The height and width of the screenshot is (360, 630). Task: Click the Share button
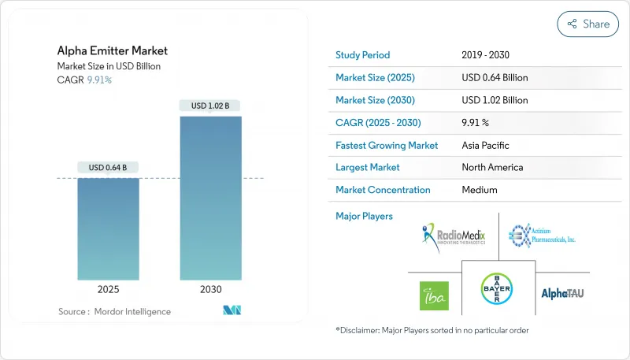click(x=587, y=24)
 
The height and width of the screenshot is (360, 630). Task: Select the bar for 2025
click(x=109, y=228)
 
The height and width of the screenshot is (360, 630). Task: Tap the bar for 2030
click(x=210, y=197)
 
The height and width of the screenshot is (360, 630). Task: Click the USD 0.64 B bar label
click(x=109, y=167)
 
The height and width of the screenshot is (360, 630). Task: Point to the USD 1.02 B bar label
click(x=210, y=106)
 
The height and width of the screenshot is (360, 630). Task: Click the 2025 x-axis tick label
click(x=109, y=289)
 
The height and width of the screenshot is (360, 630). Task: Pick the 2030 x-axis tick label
click(x=210, y=289)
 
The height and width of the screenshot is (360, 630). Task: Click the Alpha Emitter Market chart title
click(x=112, y=50)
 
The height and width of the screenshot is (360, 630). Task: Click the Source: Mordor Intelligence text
click(x=114, y=312)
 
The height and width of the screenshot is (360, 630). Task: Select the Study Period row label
click(x=362, y=55)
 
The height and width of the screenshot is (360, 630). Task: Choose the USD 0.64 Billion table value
click(x=495, y=78)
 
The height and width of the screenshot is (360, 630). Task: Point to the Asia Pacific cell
click(x=486, y=145)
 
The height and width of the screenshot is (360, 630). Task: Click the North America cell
click(x=492, y=167)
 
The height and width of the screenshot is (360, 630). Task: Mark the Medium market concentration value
click(x=480, y=190)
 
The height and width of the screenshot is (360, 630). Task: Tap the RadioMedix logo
click(x=453, y=234)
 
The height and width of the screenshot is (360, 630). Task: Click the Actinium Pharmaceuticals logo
click(x=542, y=234)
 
